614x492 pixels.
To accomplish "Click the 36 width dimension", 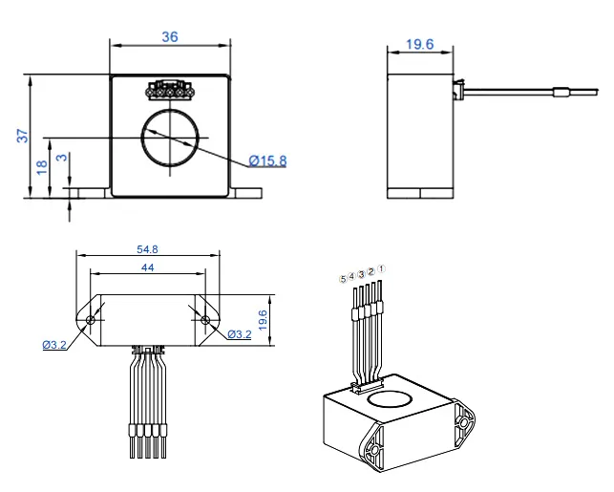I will pos(169,36).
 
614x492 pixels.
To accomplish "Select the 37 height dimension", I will pos(22,137).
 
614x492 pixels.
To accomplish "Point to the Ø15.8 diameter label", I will pos(267,160).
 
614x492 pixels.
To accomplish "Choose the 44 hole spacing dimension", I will pos(148,268).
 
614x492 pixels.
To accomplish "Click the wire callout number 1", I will pos(381,269).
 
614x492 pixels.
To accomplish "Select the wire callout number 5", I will pos(343,280).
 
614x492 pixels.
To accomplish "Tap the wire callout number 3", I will pos(361,275).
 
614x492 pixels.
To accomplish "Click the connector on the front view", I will pos(170,91).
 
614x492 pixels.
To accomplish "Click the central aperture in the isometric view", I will pos(391,395).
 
